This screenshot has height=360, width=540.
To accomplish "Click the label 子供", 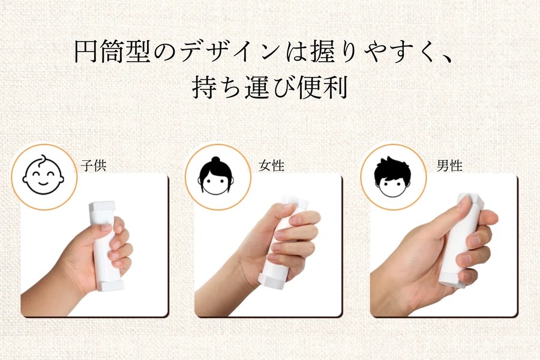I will pos(93,166).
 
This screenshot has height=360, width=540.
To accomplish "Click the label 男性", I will pos(449,166).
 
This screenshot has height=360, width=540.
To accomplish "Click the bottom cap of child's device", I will pos(109,284).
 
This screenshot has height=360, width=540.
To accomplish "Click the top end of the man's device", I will pos(470,201).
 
